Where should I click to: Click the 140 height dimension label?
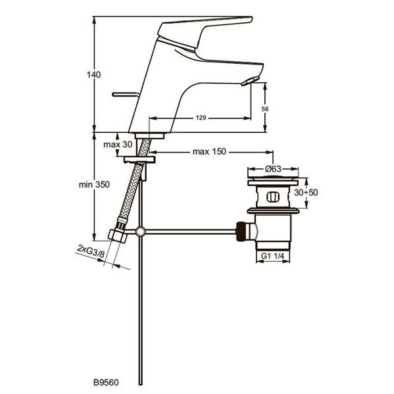[93, 74]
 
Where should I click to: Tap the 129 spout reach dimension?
[201, 118]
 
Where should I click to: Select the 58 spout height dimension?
[265, 109]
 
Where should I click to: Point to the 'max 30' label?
[118, 145]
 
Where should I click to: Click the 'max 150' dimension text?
[209, 151]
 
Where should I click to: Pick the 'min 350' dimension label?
[94, 184]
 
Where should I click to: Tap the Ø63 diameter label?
[272, 168]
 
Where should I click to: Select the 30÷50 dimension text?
[306, 193]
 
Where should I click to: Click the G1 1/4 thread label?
[272, 256]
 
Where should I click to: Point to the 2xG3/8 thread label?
[91, 251]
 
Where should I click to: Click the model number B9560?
[106, 382]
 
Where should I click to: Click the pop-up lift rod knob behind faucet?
[124, 95]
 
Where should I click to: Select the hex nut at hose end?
[118, 235]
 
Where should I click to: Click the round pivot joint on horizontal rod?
[140, 232]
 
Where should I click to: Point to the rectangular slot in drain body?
[272, 197]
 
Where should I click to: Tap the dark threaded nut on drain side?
[241, 232]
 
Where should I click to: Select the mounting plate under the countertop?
[139, 159]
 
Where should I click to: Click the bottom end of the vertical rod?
[141, 384]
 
